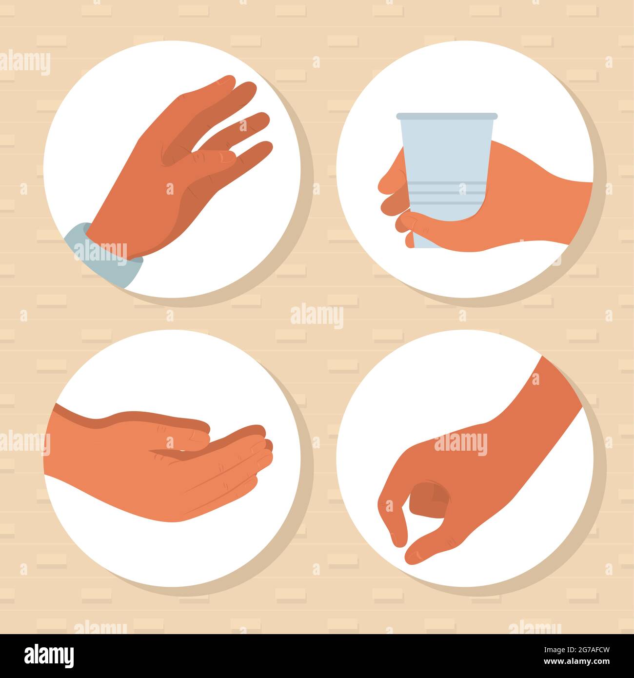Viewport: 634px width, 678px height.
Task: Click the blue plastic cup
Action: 447,179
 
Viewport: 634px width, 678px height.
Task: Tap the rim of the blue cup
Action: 447,116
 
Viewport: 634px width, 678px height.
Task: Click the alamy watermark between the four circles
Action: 317,316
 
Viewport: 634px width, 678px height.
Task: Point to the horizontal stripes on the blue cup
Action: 444,193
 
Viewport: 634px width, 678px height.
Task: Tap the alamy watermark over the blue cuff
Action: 100,253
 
